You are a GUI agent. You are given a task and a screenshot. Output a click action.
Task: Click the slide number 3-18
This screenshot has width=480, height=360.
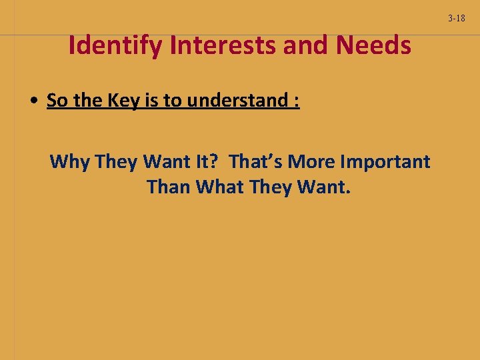click(457, 18)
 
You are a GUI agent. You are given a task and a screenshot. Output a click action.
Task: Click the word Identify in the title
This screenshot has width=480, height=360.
click(117, 46)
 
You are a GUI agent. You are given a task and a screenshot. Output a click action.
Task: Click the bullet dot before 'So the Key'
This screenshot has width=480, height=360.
click(33, 101)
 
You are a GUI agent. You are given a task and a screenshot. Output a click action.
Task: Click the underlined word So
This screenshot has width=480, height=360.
click(57, 101)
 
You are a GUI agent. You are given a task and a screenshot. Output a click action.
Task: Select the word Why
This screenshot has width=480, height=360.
click(70, 161)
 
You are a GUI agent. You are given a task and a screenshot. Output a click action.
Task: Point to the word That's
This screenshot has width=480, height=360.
click(256, 161)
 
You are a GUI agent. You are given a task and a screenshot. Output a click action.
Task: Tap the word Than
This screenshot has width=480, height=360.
click(169, 187)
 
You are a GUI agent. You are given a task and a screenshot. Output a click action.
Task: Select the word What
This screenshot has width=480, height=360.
click(220, 187)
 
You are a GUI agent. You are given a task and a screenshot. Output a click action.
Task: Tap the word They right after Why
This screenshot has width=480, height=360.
click(116, 162)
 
